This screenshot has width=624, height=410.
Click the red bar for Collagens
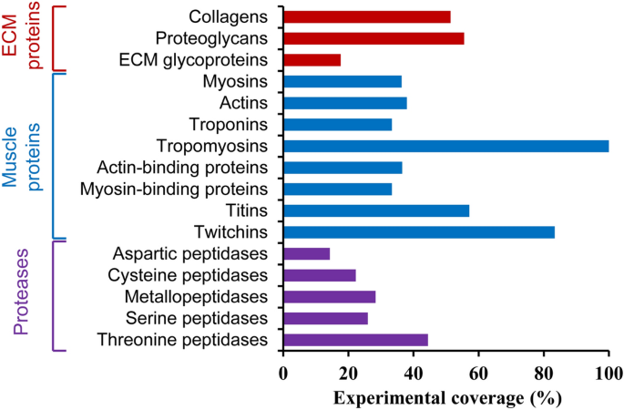pyautogui.click(x=367, y=16)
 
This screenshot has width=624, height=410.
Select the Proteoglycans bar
pyautogui.click(x=373, y=38)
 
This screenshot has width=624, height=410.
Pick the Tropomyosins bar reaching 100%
pyautogui.click(x=445, y=146)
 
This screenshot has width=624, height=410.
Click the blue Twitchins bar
pyautogui.click(x=419, y=232)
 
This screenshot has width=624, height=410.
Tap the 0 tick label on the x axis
pyautogui.click(x=283, y=373)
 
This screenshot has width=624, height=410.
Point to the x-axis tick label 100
pyautogui.click(x=608, y=373)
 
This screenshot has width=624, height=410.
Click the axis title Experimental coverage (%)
pyautogui.click(x=446, y=397)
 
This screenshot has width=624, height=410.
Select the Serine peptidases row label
pyautogui.click(x=203, y=319)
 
